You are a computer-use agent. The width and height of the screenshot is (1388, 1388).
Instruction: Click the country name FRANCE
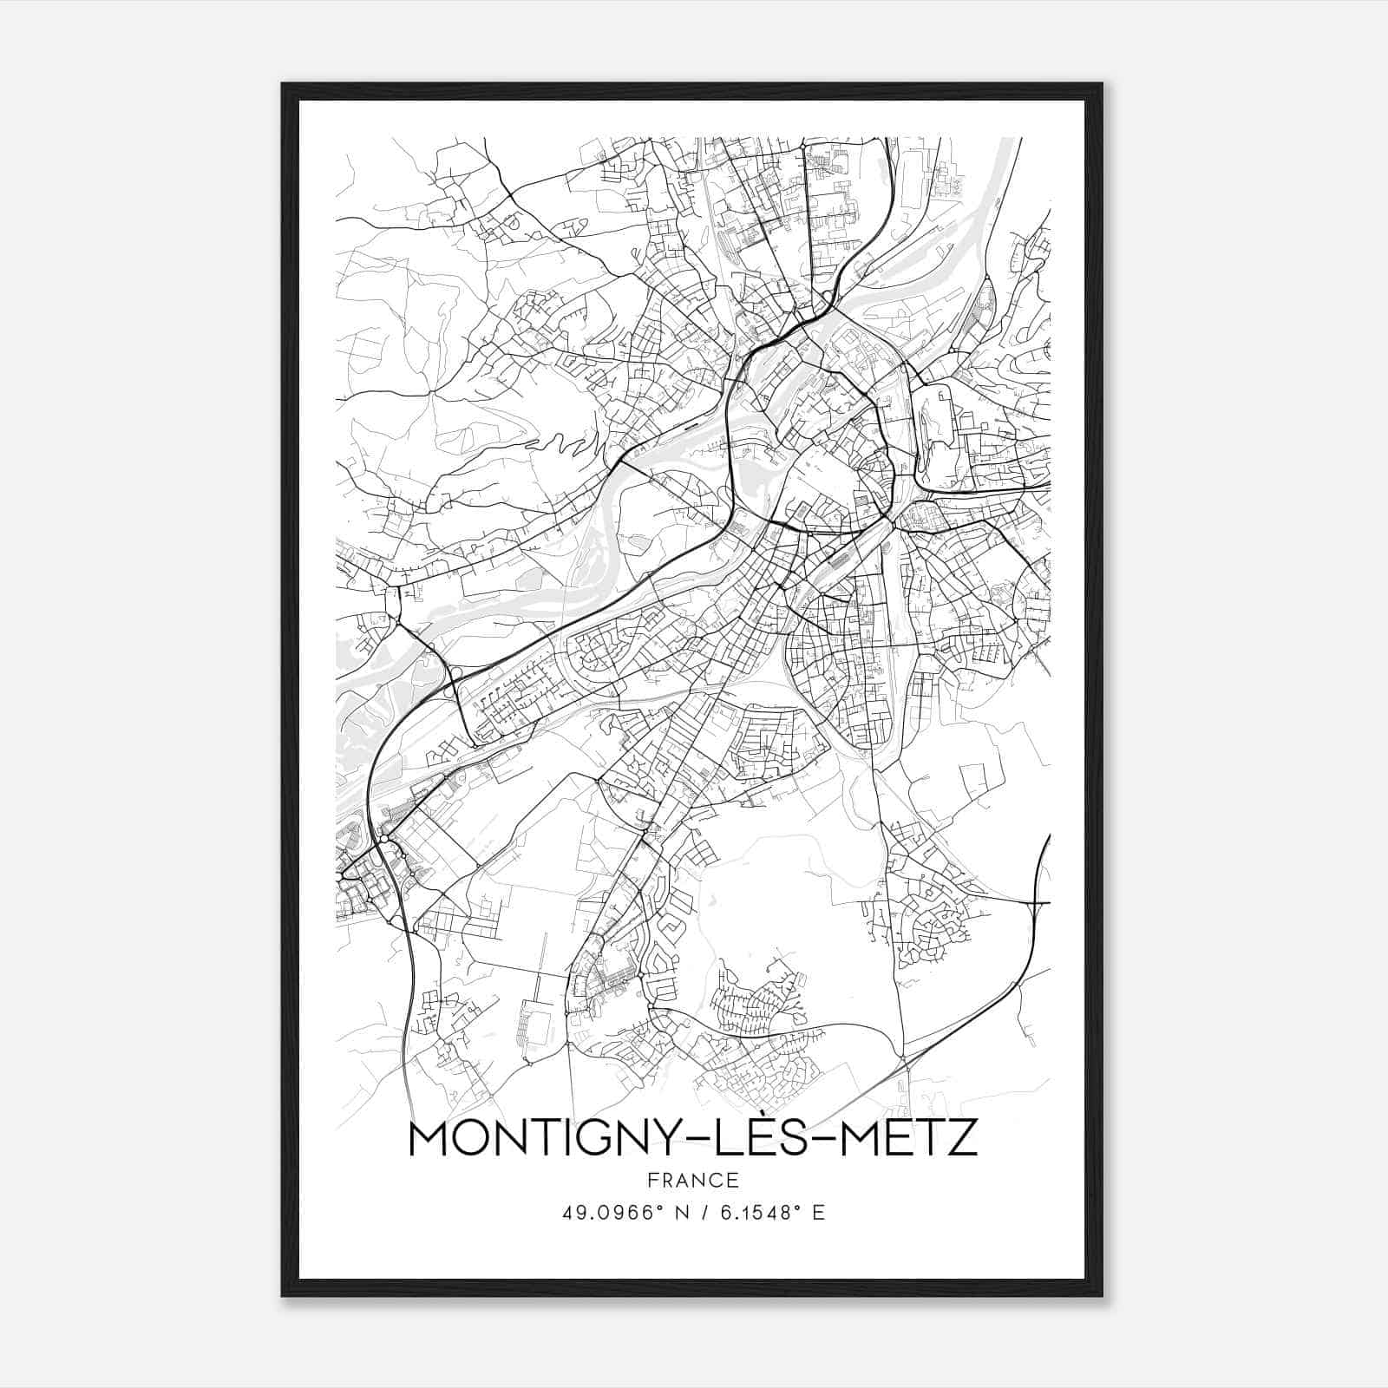click(x=692, y=1180)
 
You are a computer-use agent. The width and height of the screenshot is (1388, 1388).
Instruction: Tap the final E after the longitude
click(x=818, y=1213)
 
